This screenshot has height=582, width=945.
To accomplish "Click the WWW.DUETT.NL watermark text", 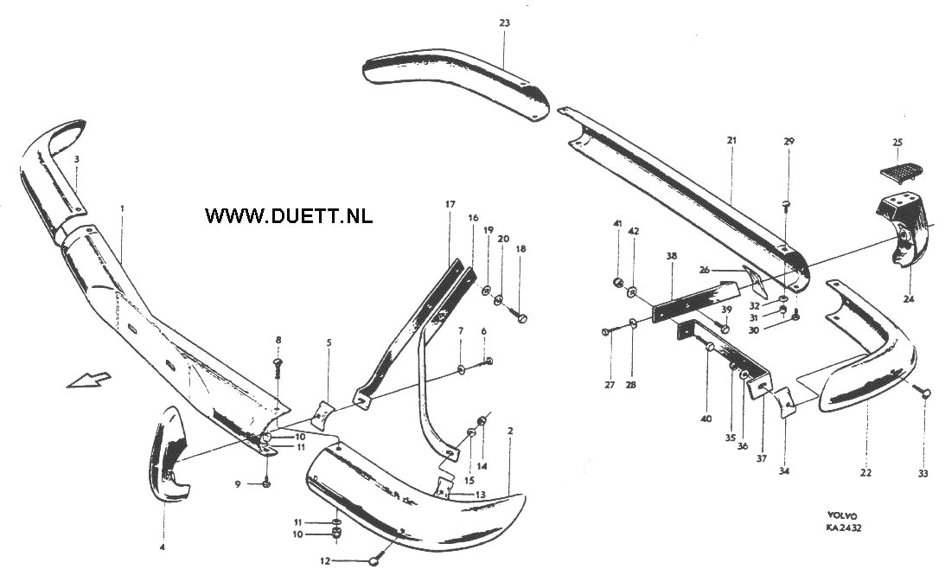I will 289,215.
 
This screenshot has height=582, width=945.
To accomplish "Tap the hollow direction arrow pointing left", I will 88,379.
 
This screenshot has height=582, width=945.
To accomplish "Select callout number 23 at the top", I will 504,23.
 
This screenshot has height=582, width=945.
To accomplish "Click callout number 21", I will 731,139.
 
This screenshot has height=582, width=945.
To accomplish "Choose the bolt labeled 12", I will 374,561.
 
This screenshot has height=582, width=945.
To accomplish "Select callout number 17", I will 450,204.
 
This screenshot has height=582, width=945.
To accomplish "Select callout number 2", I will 510,430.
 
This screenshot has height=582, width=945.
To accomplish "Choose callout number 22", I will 866,472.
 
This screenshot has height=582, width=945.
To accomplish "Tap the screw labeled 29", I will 787,205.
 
